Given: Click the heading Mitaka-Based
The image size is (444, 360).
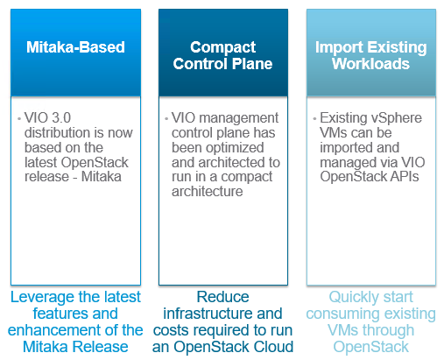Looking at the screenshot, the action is [75, 47].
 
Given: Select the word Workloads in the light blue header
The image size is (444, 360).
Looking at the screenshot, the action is [370, 64].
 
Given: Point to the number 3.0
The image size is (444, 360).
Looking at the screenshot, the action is [61, 118].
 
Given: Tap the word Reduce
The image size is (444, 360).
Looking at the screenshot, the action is [222, 297].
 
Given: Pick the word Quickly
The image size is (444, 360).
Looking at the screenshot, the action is [349, 298].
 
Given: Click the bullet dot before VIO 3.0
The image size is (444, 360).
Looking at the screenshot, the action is [19, 119].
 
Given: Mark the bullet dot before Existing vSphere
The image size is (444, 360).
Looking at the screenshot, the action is [314, 119].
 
